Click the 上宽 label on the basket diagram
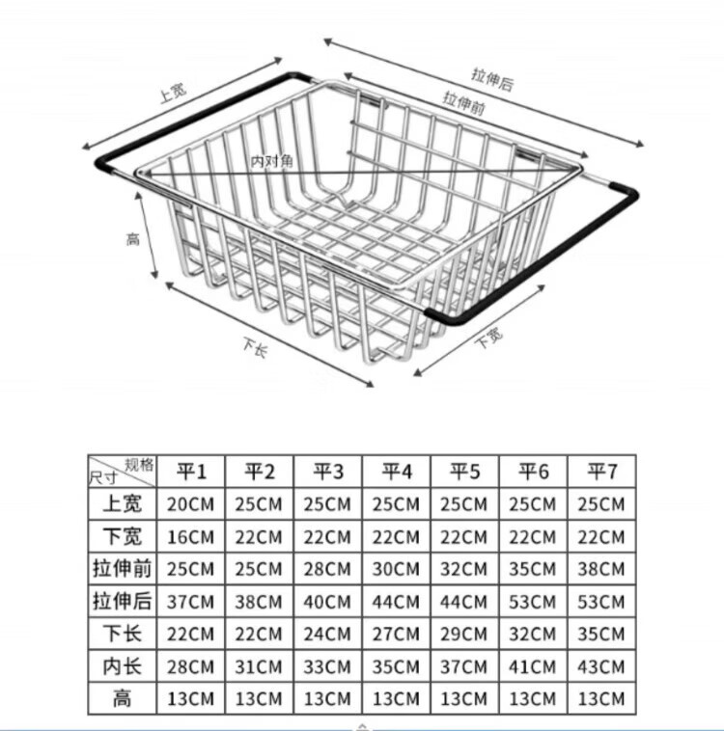pyautogui.click(x=173, y=93)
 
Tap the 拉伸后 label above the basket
pyautogui.click(x=492, y=78)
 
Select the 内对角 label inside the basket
pyautogui.click(x=271, y=160)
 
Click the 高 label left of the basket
pyautogui.click(x=133, y=238)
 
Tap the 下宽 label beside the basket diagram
pyautogui.click(x=488, y=337)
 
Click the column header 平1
pyautogui.click(x=191, y=472)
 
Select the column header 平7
pyautogui.click(x=601, y=472)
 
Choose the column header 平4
pyautogui.click(x=397, y=472)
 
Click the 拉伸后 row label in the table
pyautogui.click(x=123, y=602)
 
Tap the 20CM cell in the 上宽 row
pyautogui.click(x=191, y=504)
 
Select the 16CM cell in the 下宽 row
pyautogui.click(x=191, y=537)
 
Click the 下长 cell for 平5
pyautogui.click(x=464, y=635)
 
